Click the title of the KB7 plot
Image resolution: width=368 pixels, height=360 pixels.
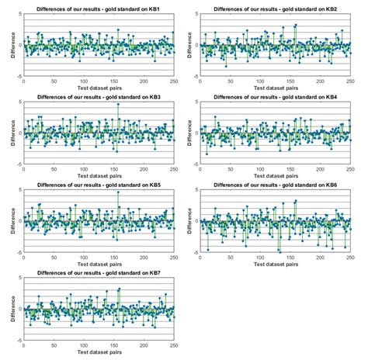(x=99, y=273)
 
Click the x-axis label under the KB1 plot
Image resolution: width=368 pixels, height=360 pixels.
(x=99, y=88)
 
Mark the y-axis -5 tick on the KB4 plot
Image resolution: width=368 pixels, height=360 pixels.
(x=194, y=164)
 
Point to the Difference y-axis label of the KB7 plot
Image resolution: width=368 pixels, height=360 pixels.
(x=12, y=310)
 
